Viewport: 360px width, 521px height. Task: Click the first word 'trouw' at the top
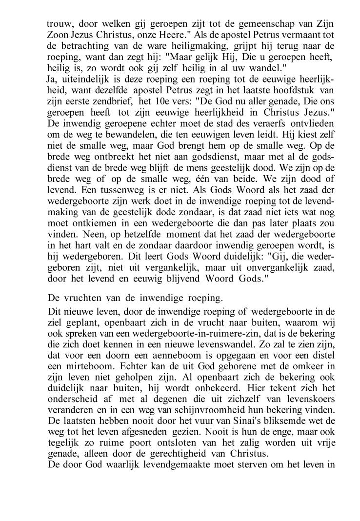58,24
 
